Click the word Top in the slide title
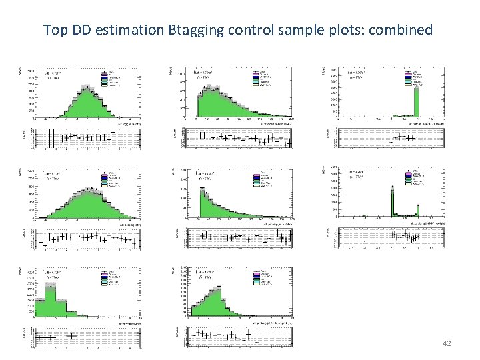point(55,30)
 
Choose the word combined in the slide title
point(402,30)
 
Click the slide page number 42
point(447,343)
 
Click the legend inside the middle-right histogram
point(415,177)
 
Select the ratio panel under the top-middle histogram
point(241,137)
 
